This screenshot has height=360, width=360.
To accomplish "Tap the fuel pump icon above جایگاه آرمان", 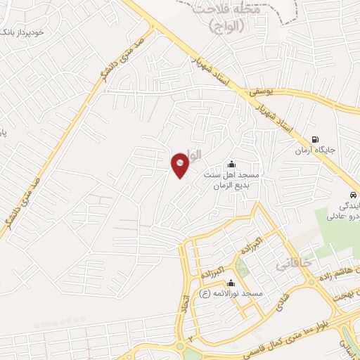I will click(314, 139).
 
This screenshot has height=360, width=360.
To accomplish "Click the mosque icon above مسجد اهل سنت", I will click(232, 164).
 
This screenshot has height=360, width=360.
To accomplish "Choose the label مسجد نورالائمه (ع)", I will click(232, 294).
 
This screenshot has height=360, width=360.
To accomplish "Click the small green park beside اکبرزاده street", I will click(243, 266).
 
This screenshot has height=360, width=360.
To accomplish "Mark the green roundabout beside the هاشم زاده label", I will click(312, 281).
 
